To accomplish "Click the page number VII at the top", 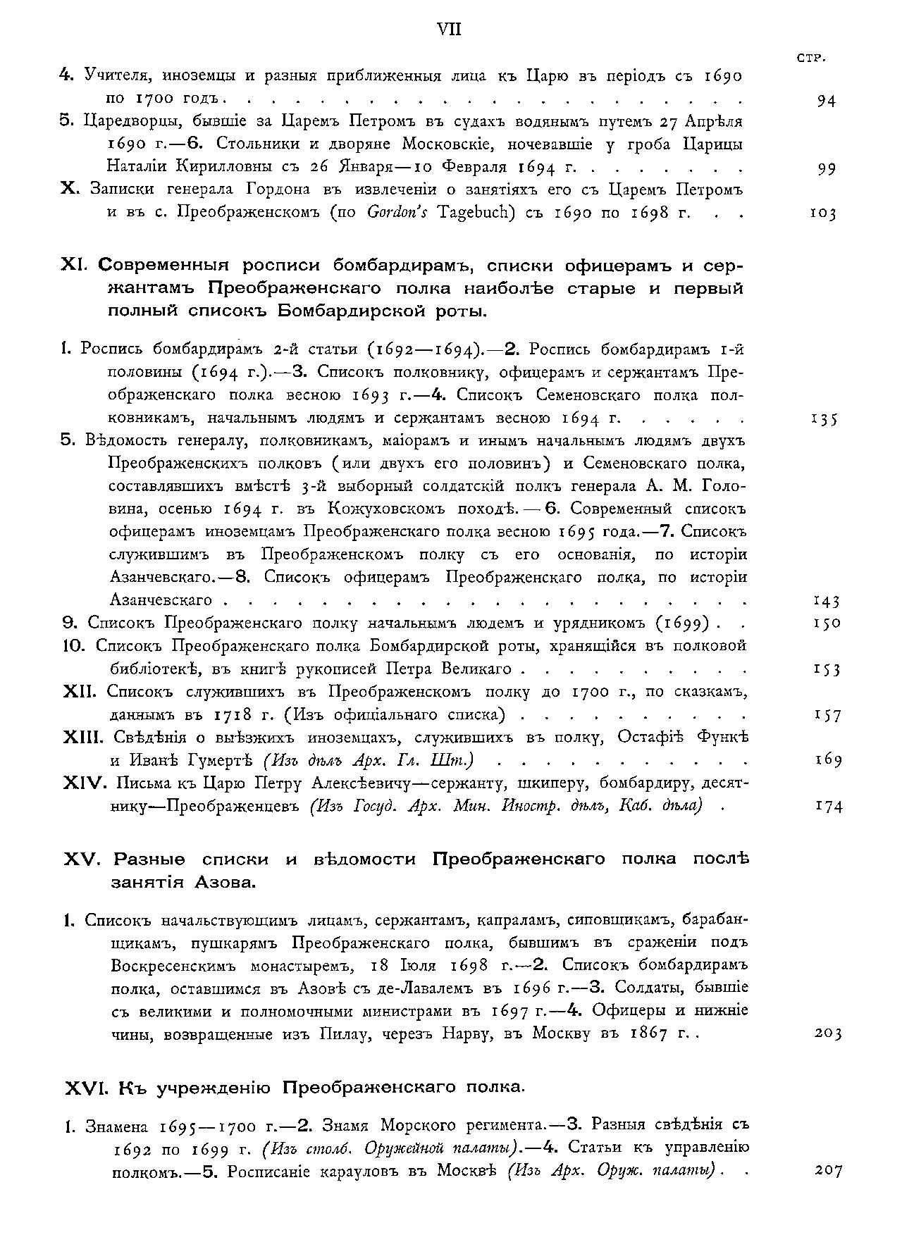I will click(x=449, y=30).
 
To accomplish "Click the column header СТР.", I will click(x=811, y=58).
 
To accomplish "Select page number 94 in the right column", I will click(x=826, y=101).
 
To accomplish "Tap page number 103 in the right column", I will click(x=822, y=214).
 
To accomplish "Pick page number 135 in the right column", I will click(x=823, y=420).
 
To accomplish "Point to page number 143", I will click(x=826, y=601).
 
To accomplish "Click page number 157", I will click(x=828, y=716).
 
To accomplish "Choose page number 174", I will click(x=828, y=807).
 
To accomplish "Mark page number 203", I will click(x=828, y=1033).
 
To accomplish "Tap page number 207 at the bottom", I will click(x=828, y=1170).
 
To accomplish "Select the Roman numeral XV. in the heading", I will click(x=83, y=859).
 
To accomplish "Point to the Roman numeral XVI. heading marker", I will click(x=85, y=1088).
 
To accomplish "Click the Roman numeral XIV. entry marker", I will click(x=84, y=783).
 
